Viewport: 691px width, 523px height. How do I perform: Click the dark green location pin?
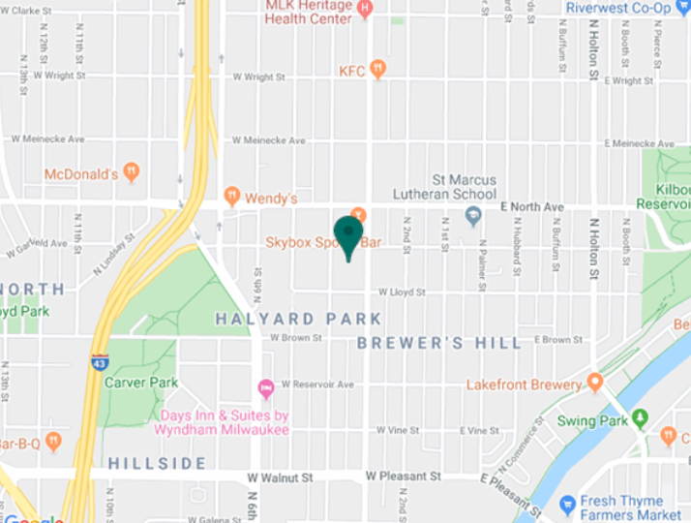[x=347, y=235]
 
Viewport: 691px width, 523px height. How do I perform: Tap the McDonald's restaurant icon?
[x=132, y=172]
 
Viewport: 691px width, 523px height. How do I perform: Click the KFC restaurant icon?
[x=377, y=69]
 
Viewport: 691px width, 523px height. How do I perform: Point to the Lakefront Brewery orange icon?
[x=595, y=383]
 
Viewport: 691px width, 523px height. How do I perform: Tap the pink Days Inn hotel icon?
[x=265, y=389]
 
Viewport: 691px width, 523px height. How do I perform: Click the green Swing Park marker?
[x=639, y=419]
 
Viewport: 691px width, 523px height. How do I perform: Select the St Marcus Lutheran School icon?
[x=473, y=216]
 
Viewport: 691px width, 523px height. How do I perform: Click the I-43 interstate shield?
[x=101, y=361]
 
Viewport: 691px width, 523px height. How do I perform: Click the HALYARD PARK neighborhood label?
[x=298, y=319]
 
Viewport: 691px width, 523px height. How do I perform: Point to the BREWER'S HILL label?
[x=439, y=343]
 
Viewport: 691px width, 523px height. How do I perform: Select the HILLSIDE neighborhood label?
[x=157, y=464]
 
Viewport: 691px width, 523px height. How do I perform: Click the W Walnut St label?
[x=280, y=477]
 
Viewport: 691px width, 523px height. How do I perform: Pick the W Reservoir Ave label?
[x=317, y=385]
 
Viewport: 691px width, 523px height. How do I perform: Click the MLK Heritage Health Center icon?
[x=364, y=11]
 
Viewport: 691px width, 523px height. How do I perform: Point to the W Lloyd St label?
[x=402, y=291]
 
